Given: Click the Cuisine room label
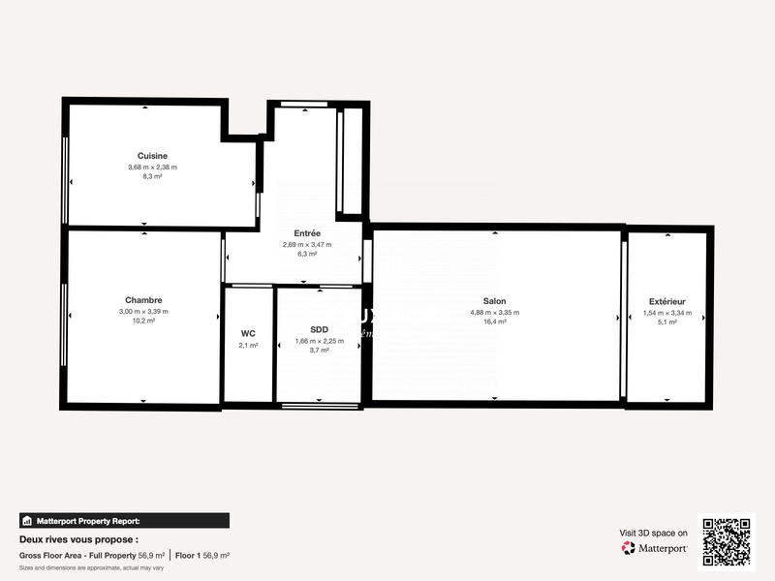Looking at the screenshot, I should coord(152,156).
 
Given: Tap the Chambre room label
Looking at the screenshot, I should coord(143,300).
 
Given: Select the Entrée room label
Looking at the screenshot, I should coord(307,233).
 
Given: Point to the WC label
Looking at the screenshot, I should coord(248,333).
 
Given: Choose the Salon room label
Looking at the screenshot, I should coord(494,301).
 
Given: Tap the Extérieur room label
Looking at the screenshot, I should coord(667,302).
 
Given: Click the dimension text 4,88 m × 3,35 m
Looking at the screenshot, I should coord(494,312).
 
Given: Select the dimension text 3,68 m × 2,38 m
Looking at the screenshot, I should coord(152,167).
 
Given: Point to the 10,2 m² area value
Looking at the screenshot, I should coord(143,321).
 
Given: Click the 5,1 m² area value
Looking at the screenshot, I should coord(667,321).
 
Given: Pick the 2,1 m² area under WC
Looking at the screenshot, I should coord(248,345).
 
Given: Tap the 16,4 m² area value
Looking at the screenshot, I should coord(494,321).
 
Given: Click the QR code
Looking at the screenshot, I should coord(727,541).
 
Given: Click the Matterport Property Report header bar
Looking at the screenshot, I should coord(124,520).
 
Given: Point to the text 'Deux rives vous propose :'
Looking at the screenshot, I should coord(78,539).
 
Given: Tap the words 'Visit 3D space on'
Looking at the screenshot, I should coord(653,533).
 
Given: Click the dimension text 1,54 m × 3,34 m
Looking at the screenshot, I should coord(667,312).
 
